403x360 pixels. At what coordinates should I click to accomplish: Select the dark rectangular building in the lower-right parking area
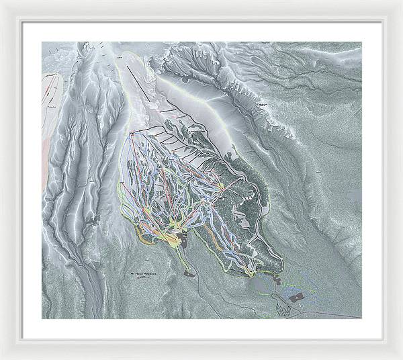click(296, 295)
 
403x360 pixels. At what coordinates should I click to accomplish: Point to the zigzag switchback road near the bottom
click(283, 308)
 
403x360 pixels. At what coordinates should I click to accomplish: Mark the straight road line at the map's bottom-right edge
click(336, 314)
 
